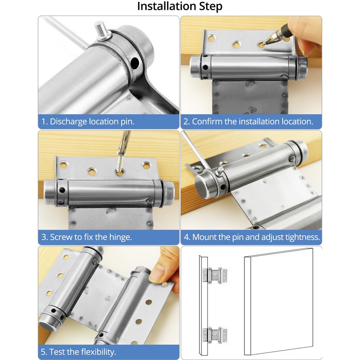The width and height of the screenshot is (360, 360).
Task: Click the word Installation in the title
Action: tap(167, 6)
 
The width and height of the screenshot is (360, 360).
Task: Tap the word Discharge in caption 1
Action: tap(68, 121)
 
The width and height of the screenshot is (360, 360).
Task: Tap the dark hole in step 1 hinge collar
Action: tap(135, 63)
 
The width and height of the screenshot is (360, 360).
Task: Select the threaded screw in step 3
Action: tap(119, 163)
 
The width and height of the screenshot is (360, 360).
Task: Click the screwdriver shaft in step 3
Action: tap(126, 141)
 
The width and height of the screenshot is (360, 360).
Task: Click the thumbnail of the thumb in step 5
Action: tap(158, 273)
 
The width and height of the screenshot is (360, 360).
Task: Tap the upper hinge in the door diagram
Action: tap(215, 275)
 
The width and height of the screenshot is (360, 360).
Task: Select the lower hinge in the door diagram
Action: tap(215, 335)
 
